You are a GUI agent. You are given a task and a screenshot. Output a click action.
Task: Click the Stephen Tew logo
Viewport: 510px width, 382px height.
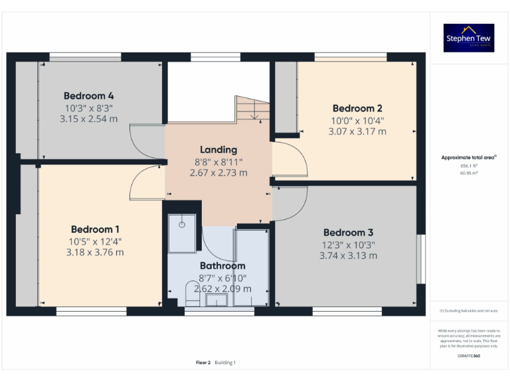[469, 38]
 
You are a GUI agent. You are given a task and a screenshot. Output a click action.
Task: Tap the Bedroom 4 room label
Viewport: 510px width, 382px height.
[88, 95]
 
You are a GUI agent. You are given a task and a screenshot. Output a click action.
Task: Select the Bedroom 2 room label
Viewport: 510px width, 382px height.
[357, 108]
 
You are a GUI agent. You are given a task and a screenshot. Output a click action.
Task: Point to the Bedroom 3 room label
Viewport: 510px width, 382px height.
[348, 232]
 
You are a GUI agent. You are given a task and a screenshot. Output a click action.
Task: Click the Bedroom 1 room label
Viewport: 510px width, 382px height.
[95, 229]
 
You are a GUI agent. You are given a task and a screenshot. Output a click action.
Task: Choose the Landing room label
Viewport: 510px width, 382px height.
[218, 149]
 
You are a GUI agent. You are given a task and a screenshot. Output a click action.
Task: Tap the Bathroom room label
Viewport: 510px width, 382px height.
[222, 265]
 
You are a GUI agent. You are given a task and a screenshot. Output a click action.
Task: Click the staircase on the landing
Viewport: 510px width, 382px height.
[253, 109]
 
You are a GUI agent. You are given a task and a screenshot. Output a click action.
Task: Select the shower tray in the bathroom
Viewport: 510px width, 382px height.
[181, 233]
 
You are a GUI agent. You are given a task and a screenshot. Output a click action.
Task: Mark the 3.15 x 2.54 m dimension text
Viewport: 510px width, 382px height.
[88, 119]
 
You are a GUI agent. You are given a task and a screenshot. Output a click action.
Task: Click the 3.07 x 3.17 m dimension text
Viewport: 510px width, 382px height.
[357, 131]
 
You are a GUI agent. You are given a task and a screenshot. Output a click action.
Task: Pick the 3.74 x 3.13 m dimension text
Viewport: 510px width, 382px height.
[348, 255]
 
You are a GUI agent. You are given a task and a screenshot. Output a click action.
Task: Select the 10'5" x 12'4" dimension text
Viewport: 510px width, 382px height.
[95, 241]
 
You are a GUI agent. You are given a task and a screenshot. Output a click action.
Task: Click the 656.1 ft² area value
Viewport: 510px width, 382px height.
[469, 166]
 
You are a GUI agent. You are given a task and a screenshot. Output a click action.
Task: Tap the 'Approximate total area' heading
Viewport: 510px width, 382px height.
[469, 157]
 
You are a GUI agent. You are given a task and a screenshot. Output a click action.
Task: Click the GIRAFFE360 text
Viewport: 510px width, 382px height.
[469, 356]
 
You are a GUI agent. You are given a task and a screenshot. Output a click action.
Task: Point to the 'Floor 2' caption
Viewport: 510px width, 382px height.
[203, 363]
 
